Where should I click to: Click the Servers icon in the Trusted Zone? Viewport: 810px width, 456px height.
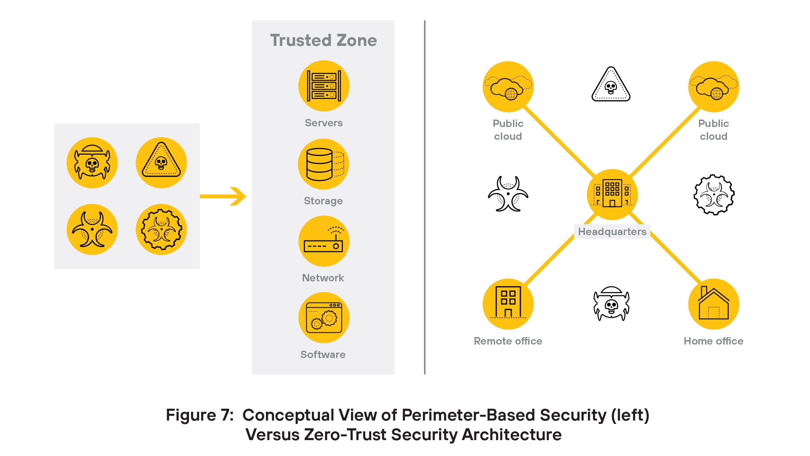[324, 86]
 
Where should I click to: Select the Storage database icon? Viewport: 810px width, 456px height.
[323, 164]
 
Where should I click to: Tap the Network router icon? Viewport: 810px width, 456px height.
[324, 241]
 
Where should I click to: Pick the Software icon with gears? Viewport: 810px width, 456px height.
[324, 318]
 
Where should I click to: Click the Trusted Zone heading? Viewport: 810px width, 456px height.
[323, 41]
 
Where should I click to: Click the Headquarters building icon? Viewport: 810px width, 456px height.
[612, 194]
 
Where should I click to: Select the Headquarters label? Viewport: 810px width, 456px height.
[612, 232]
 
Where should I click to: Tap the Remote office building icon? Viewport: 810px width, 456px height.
[508, 304]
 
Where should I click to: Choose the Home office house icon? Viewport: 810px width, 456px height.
[713, 304]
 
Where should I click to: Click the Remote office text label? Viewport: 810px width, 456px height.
[508, 341]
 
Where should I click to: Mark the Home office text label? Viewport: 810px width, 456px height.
[713, 341]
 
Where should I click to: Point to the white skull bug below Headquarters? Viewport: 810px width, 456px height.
[611, 304]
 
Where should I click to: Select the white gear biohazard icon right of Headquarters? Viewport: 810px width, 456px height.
[714, 195]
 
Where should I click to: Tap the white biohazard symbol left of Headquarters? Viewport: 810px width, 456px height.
[508, 194]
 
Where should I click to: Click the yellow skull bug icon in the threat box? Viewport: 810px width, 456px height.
[92, 162]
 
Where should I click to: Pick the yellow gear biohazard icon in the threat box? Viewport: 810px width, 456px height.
[161, 229]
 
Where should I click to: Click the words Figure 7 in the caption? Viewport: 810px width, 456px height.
[199, 415]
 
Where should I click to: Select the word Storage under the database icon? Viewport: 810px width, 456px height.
[323, 201]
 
